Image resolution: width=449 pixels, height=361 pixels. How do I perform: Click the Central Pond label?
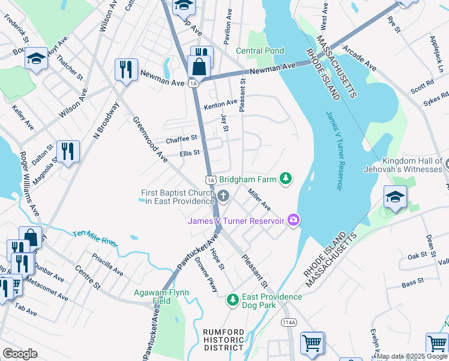click(260, 51)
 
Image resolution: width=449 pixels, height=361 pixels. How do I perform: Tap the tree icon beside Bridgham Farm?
click(287, 179)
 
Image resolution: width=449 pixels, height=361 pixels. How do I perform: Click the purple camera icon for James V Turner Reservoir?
click(293, 220)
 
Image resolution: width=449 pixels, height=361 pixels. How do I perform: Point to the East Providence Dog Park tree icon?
click(233, 298)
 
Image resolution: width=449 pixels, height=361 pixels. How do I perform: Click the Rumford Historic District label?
click(223, 340)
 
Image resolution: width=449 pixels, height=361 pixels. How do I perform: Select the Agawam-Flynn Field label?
click(161, 297)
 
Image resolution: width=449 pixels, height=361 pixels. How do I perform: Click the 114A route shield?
click(289, 322)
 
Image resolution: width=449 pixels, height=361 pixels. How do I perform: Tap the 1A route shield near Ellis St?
click(209, 179)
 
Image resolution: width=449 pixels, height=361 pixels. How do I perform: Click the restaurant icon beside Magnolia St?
click(68, 151)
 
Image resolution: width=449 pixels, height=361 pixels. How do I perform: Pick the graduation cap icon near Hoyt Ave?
click(36, 58)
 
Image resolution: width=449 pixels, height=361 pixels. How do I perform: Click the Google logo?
click(20, 353)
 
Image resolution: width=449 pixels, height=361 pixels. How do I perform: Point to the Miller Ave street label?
click(259, 199)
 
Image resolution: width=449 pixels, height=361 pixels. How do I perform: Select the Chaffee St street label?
click(182, 139)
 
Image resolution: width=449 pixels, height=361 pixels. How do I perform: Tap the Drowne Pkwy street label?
click(206, 275)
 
